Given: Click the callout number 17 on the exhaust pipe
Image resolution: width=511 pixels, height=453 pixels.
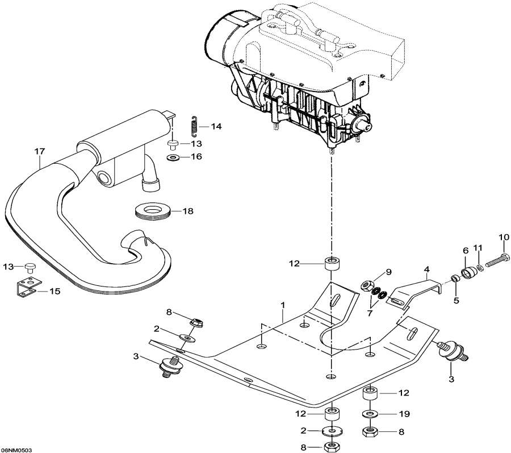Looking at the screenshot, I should click(x=39, y=151).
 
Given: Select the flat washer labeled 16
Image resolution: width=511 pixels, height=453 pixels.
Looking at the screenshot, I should click(x=171, y=156).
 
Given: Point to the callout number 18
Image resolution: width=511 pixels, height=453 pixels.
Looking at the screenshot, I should click(x=187, y=211).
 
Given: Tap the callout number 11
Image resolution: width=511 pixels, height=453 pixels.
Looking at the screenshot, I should click(x=478, y=248).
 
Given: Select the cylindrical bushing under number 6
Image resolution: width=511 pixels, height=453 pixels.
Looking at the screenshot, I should click(x=469, y=273).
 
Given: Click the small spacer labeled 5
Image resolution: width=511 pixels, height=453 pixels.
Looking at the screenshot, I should click(x=454, y=279).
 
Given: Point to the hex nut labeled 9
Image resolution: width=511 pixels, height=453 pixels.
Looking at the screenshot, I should click(x=366, y=282).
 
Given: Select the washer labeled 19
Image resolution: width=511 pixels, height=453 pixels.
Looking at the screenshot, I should click(x=370, y=413).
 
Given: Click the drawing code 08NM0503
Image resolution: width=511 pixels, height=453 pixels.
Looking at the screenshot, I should click(x=16, y=449).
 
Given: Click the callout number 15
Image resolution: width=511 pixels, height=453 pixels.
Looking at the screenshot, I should click(x=55, y=292).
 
